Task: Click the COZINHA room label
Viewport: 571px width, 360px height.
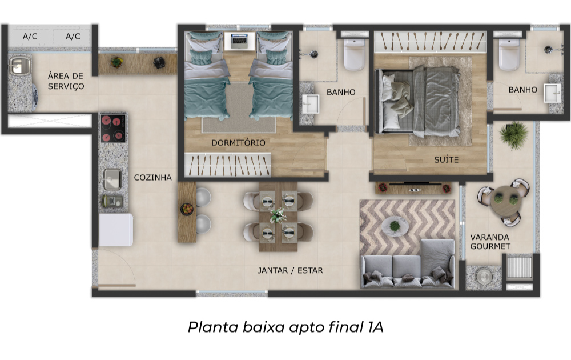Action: (x=152, y=178)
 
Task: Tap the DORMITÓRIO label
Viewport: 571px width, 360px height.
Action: (x=239, y=142)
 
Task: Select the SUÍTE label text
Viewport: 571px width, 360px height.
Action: (x=446, y=159)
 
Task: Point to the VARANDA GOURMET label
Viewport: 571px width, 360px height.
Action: (x=490, y=242)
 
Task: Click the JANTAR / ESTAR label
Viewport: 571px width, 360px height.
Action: (x=290, y=270)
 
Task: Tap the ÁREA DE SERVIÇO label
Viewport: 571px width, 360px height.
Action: (x=66, y=81)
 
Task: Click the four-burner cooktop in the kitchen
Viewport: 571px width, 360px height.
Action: (x=113, y=128)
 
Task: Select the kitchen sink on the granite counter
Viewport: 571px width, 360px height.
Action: (x=112, y=179)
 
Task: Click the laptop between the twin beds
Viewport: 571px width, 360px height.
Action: (x=239, y=41)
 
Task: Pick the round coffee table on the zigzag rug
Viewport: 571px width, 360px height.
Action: (x=395, y=226)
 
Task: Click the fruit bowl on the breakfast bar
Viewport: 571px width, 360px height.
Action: (x=187, y=209)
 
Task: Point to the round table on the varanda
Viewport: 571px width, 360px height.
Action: (x=504, y=201)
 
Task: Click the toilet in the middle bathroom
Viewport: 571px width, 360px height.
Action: (x=354, y=55)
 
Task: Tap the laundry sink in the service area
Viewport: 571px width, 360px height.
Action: (x=20, y=66)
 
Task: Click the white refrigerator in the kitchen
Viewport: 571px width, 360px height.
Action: (x=116, y=230)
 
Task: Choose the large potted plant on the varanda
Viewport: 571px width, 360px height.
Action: (x=513, y=134)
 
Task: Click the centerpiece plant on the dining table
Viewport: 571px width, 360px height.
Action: (x=278, y=215)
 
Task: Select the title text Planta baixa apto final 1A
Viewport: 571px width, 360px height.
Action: (x=285, y=327)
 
